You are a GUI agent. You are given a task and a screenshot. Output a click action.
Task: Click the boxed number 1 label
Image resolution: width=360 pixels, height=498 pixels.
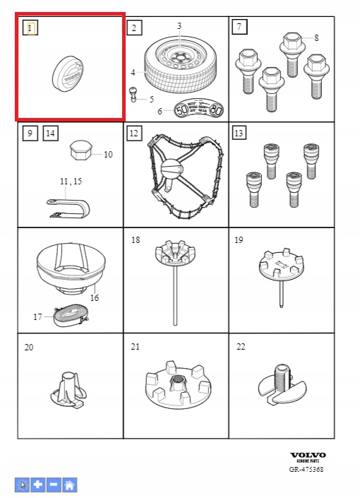pyautogui.click(x=30, y=28)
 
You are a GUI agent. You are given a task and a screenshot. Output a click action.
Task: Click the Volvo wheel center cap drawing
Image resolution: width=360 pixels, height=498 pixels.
pyautogui.click(x=68, y=74)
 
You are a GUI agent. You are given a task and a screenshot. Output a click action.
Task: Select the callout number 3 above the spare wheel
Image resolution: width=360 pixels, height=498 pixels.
pyautogui.click(x=179, y=25)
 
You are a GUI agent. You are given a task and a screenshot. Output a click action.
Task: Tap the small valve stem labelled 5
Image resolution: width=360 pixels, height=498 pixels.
pyautogui.click(x=133, y=95)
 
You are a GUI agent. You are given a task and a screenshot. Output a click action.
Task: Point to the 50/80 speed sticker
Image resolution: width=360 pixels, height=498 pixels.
pyautogui.click(x=199, y=109)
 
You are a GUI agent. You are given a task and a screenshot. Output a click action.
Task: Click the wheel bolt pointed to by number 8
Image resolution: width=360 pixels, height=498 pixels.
pyautogui.click(x=292, y=54)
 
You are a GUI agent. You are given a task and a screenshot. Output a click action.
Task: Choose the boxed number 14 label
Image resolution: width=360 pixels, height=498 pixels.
pyautogui.click(x=51, y=133)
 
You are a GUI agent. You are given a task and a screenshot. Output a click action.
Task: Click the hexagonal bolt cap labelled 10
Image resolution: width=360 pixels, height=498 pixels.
pyautogui.click(x=82, y=151)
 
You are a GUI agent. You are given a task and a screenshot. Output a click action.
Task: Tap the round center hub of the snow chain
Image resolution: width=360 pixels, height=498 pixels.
pyautogui.click(x=172, y=169)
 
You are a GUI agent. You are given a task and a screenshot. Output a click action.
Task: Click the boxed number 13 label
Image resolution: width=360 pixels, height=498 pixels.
pyautogui.click(x=239, y=133)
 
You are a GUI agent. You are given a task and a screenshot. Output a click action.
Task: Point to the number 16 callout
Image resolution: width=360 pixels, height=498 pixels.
pyautogui.click(x=95, y=297)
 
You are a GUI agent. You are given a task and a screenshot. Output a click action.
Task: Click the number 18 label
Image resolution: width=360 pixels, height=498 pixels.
pyautogui.click(x=136, y=239)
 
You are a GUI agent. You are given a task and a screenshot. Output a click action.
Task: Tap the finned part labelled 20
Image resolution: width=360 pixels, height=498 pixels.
pyautogui.click(x=69, y=390)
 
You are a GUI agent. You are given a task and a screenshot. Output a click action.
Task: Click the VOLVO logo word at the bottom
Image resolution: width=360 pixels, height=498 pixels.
pyautogui.click(x=308, y=455)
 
